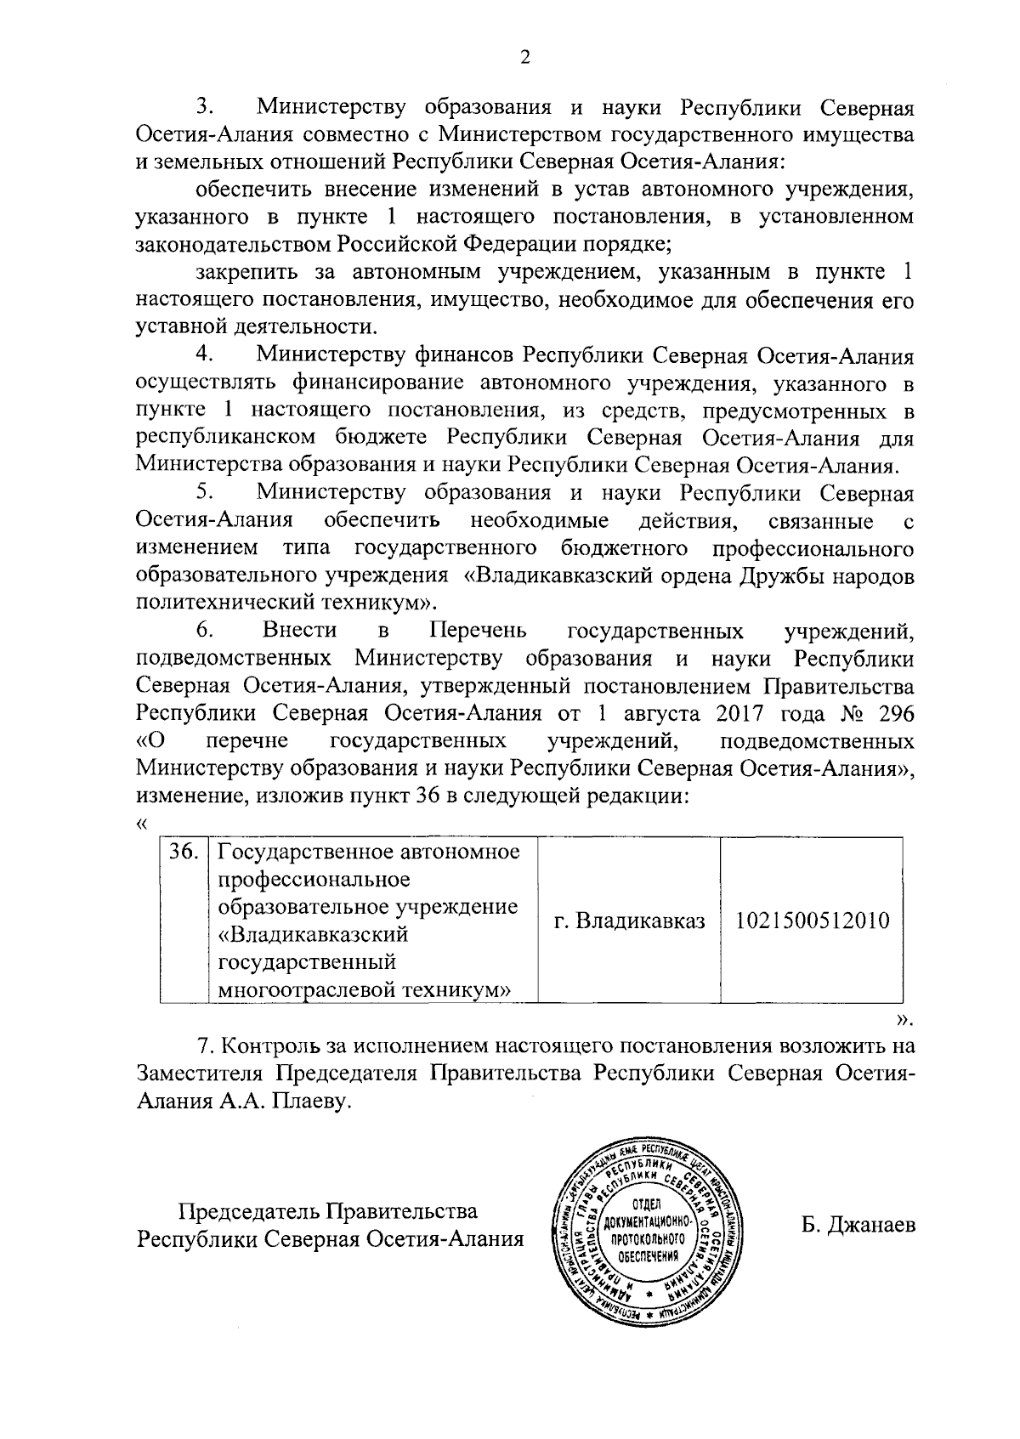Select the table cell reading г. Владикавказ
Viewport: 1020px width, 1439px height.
629,921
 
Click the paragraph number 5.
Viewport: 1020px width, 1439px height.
204,492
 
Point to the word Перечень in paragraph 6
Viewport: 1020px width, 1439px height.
478,631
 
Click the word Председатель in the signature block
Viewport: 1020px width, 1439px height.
246,1210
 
